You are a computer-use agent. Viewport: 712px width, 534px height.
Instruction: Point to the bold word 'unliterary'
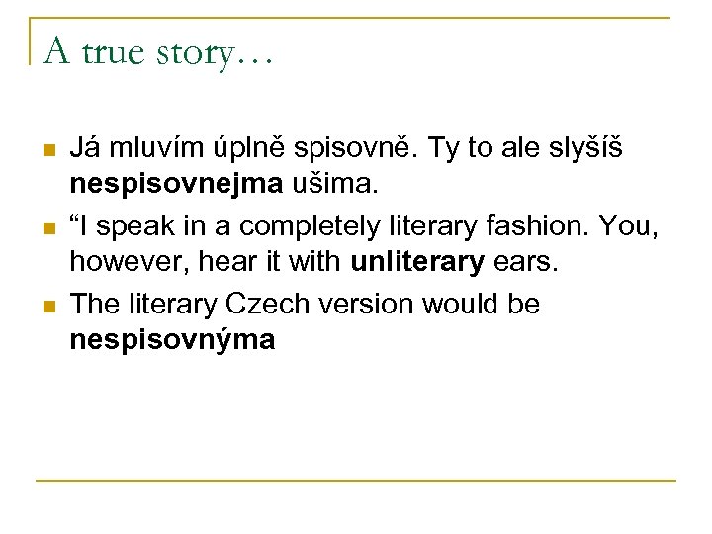click(417, 264)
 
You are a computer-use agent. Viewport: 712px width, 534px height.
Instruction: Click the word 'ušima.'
click(320, 187)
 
